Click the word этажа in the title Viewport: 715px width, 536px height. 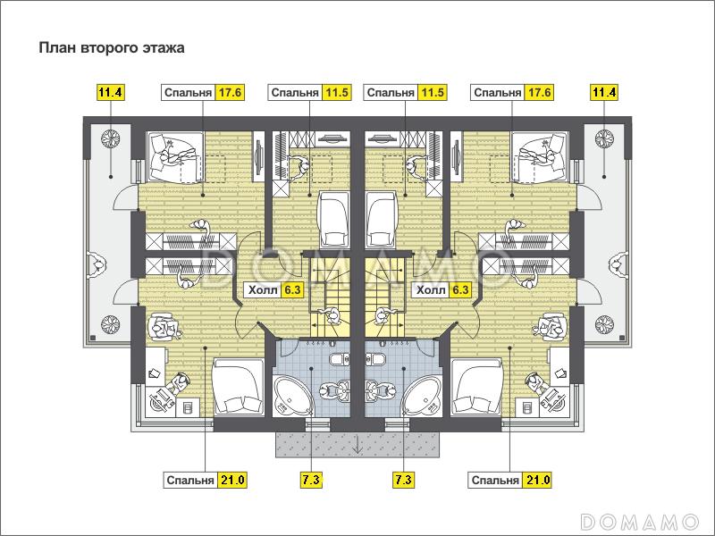click(x=164, y=48)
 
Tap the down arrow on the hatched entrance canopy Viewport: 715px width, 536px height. click(x=357, y=444)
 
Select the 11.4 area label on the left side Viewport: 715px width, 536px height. click(x=110, y=93)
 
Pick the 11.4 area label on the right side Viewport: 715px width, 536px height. click(x=604, y=93)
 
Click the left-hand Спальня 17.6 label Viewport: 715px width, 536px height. click(x=203, y=93)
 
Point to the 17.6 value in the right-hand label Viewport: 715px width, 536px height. click(x=539, y=93)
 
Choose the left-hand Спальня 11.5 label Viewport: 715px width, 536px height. click(x=309, y=93)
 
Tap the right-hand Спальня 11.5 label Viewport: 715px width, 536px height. click(x=406, y=93)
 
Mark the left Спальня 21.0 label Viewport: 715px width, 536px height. click(x=206, y=480)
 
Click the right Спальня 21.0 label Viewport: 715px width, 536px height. click(x=509, y=480)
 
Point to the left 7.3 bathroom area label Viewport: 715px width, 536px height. click(x=311, y=480)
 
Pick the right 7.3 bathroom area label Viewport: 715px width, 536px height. click(x=404, y=480)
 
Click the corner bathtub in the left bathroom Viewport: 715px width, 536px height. click(x=292, y=395)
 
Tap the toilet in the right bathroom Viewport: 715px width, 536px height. click(x=375, y=360)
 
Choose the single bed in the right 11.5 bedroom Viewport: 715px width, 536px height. click(x=382, y=219)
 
